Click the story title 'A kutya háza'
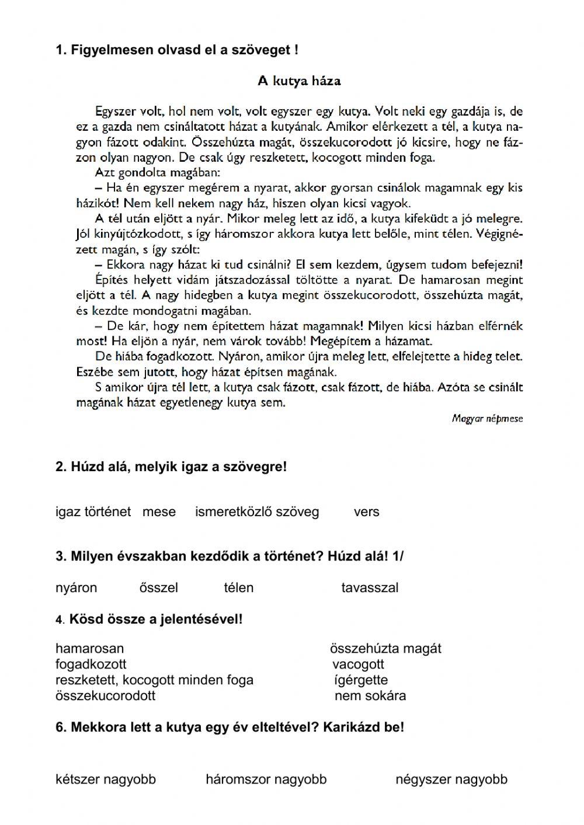point(299,81)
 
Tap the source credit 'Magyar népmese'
point(487,419)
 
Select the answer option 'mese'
point(159,512)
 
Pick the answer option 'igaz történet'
point(93,512)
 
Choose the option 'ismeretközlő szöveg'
point(257,512)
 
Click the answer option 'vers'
point(366,512)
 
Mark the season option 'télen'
point(238,587)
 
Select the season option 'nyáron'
point(76,587)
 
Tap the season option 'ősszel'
point(159,587)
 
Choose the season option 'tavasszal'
point(370,587)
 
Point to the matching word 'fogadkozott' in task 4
point(91,664)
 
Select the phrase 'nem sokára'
point(370,695)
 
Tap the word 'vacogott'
point(358,664)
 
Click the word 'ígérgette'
point(361,680)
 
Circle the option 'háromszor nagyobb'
point(266,779)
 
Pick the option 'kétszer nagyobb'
point(106,779)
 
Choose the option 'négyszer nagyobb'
point(451,779)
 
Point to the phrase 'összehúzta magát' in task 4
point(385,648)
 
